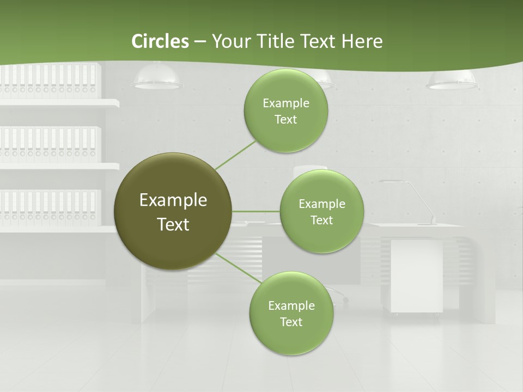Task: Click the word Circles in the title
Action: coord(160,41)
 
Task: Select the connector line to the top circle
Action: coord(235,155)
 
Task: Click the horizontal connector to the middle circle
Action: coord(256,211)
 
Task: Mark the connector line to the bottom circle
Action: coord(239,268)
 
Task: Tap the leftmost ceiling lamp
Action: coord(157,77)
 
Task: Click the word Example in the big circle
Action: coord(173,200)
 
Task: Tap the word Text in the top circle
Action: coord(285,120)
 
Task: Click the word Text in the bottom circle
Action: coord(291,322)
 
